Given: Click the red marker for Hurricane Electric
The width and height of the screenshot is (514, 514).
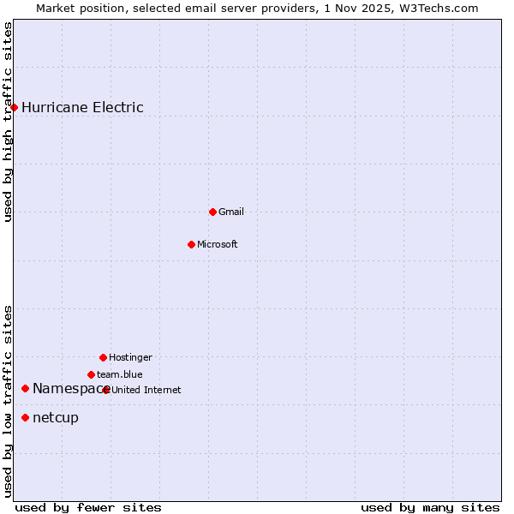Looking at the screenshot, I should click(14, 107).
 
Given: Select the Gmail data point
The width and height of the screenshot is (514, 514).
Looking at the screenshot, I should click(212, 212).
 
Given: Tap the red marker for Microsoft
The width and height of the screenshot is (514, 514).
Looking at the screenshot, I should click(191, 244).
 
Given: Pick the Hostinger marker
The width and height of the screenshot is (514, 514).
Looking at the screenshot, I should click(103, 357).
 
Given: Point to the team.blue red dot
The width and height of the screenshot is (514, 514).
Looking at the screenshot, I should click(91, 374).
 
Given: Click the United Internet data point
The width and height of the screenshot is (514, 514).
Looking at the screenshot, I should click(105, 390).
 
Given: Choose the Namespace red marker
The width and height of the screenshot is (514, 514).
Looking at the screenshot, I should click(25, 389).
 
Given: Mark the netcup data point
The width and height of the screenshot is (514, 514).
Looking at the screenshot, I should click(25, 417).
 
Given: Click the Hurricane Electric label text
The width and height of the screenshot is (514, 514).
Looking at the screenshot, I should click(82, 107).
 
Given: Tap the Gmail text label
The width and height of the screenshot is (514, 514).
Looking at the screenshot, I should click(231, 212).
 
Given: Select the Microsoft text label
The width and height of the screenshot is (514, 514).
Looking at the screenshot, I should click(218, 244).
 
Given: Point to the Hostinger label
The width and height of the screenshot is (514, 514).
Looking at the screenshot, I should click(130, 357).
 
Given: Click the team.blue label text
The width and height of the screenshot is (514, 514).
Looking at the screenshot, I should click(120, 374).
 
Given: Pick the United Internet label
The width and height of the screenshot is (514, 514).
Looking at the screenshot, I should click(146, 390).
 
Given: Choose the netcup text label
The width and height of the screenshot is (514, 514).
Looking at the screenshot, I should click(56, 417).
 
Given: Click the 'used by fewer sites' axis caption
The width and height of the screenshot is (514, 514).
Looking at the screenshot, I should click(88, 507).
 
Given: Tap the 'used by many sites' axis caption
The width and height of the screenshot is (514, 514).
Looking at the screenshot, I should click(430, 507).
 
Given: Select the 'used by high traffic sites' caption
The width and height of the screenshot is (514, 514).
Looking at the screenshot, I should click(9, 122).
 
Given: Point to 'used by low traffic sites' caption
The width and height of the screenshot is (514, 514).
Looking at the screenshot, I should click(9, 400).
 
